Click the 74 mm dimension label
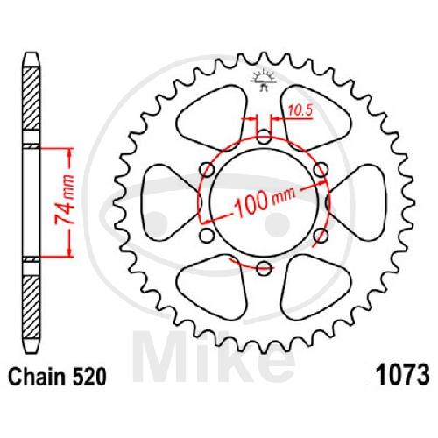pos(65,201)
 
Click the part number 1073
pos(403,375)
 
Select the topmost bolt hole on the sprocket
pos(264,136)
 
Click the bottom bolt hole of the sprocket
pos(264,267)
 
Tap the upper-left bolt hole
pos(208,169)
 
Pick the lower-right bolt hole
pos(321,235)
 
